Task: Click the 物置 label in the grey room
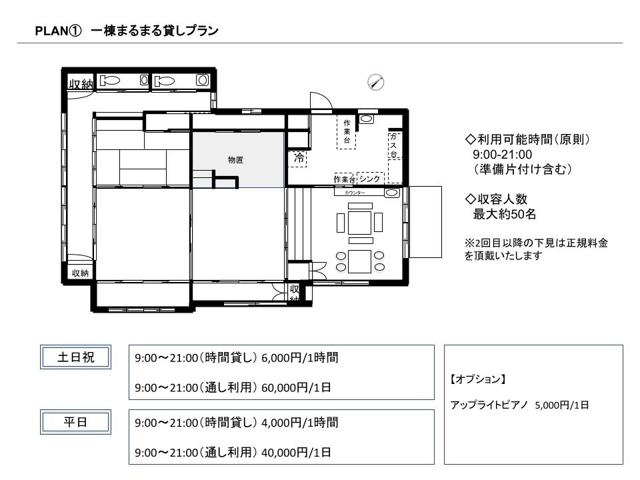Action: (x=235, y=159)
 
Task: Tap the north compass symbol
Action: (x=376, y=83)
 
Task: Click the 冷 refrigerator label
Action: (x=299, y=158)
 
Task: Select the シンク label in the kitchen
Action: (x=370, y=179)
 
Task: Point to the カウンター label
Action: (x=355, y=193)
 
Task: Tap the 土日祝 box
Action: (x=75, y=357)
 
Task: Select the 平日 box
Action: (x=75, y=421)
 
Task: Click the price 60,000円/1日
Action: (x=296, y=387)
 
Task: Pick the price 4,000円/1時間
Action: (x=299, y=423)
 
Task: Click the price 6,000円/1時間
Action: (x=299, y=357)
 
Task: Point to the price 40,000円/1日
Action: (x=296, y=452)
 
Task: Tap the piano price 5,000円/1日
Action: (x=561, y=405)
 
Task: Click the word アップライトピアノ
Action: (x=489, y=405)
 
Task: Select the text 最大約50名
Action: (x=505, y=214)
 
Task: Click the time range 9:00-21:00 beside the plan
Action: (x=503, y=155)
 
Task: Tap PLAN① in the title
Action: (x=58, y=31)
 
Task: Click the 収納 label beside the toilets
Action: (x=81, y=84)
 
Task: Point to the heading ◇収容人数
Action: (x=496, y=199)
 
